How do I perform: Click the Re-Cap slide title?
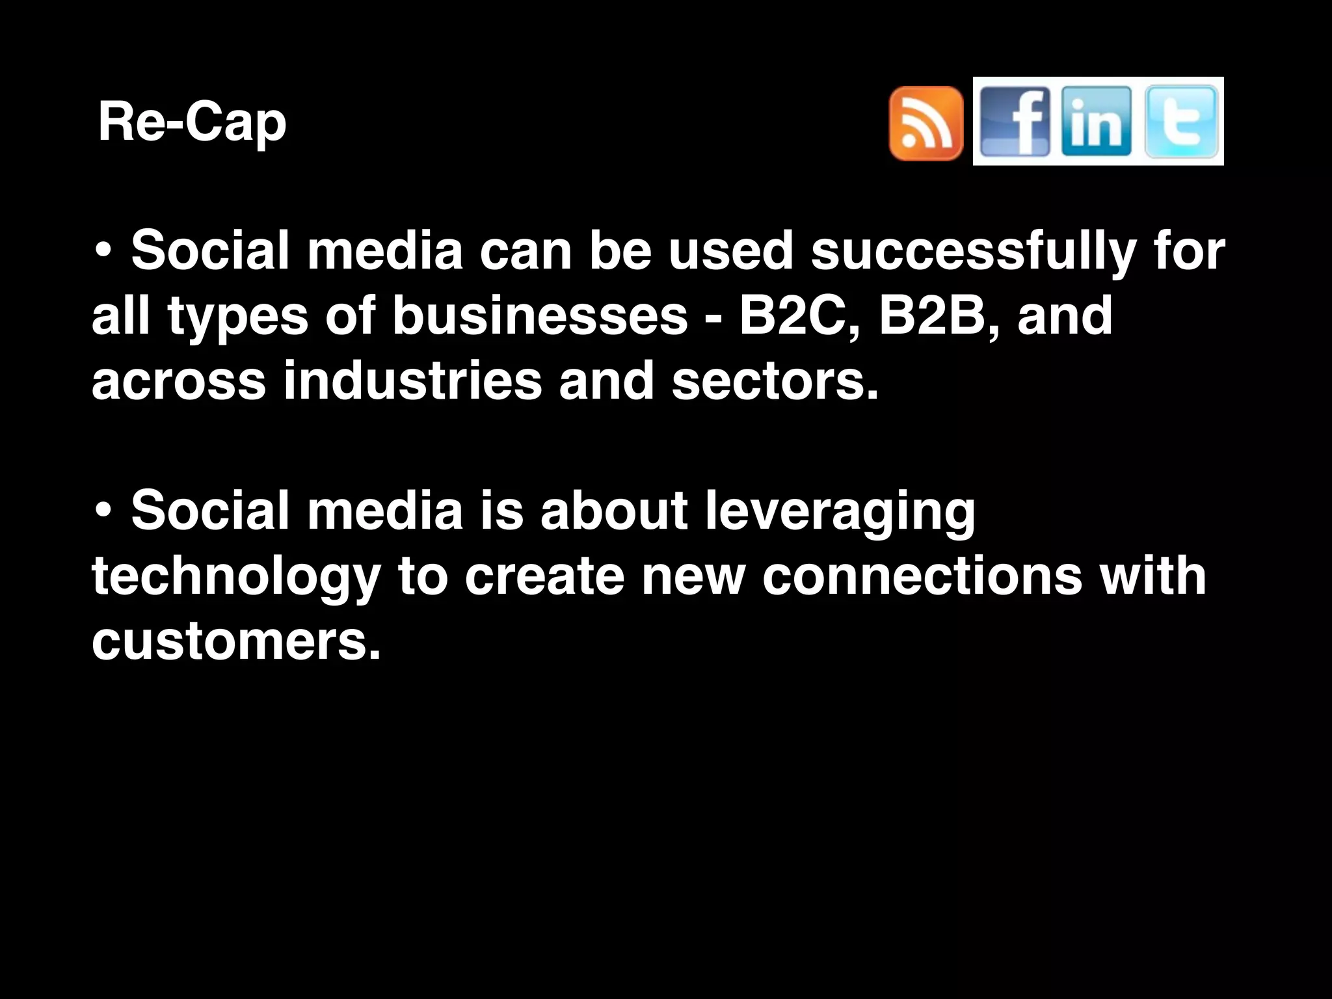(192, 122)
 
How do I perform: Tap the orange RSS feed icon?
(926, 123)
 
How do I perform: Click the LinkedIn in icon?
(1096, 122)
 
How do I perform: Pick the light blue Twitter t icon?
(1180, 122)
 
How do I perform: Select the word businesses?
(540, 316)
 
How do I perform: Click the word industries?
(412, 381)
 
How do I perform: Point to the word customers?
(235, 641)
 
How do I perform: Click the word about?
(614, 511)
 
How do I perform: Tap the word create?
(544, 576)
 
